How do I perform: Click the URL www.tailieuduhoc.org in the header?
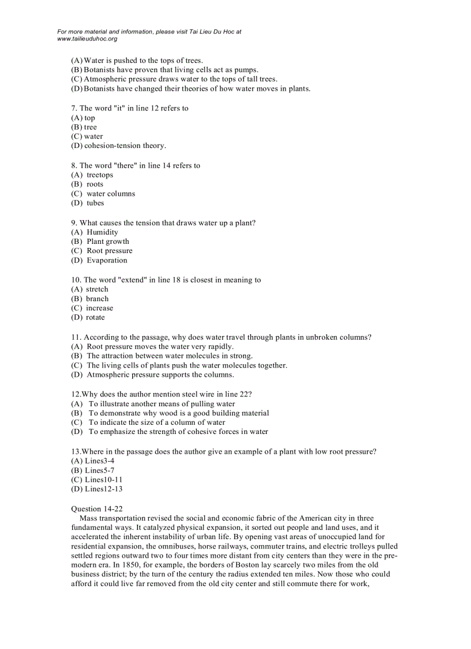click(x=87, y=39)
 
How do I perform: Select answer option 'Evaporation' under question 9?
click(x=107, y=260)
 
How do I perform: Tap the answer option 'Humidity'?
click(x=102, y=232)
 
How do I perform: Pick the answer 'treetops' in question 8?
click(x=100, y=175)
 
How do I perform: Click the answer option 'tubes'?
click(x=95, y=203)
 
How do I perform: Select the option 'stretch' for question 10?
click(x=97, y=289)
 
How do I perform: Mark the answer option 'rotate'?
click(x=95, y=317)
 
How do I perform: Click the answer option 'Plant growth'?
click(x=108, y=241)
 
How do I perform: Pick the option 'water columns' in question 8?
click(x=111, y=194)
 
